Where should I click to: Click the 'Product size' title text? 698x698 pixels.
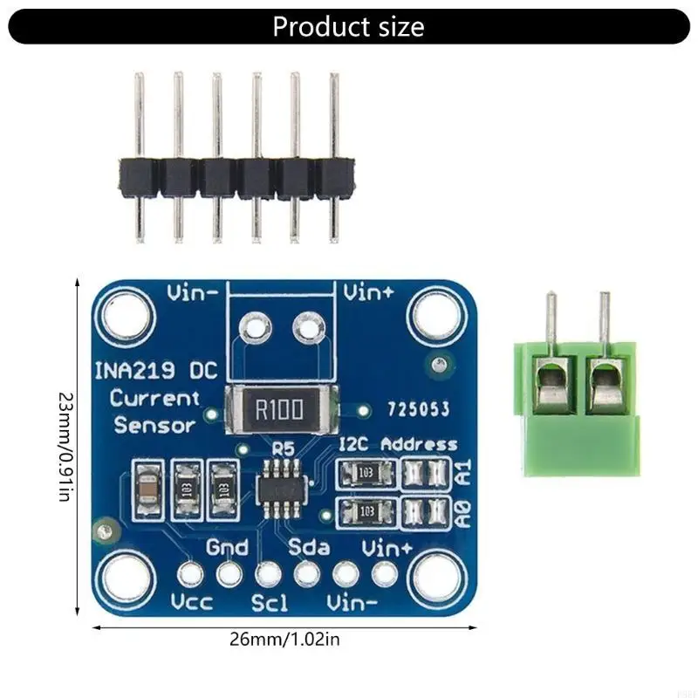tap(348, 26)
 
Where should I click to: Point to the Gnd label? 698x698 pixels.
tap(228, 548)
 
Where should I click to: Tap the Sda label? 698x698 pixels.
tap(309, 548)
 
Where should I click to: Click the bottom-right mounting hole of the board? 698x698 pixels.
tap(435, 578)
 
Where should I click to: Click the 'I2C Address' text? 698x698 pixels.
tap(397, 444)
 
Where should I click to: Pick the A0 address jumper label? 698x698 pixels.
tap(463, 511)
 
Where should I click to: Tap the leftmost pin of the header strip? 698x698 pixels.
tap(139, 157)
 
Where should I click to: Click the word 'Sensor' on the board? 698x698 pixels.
tap(155, 426)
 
